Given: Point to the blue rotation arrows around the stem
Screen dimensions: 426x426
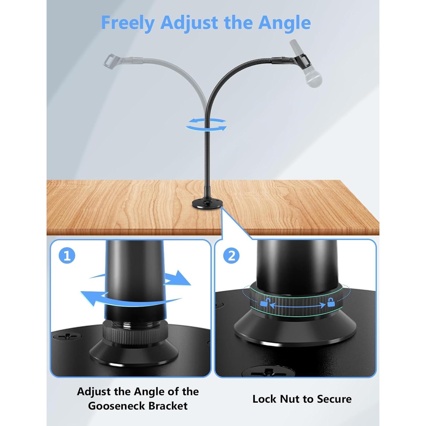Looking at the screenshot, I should tap(206, 124).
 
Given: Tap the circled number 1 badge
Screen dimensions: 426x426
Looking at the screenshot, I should tap(67, 256).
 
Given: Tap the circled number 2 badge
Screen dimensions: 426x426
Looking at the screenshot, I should tap(231, 256).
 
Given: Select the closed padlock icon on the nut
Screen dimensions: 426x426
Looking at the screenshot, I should tap(331, 302).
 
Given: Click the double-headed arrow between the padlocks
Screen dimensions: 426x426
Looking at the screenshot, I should tap(298, 305).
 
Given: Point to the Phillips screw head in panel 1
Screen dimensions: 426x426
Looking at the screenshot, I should tap(67, 337).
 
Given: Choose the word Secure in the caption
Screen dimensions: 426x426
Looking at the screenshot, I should tap(334, 399).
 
